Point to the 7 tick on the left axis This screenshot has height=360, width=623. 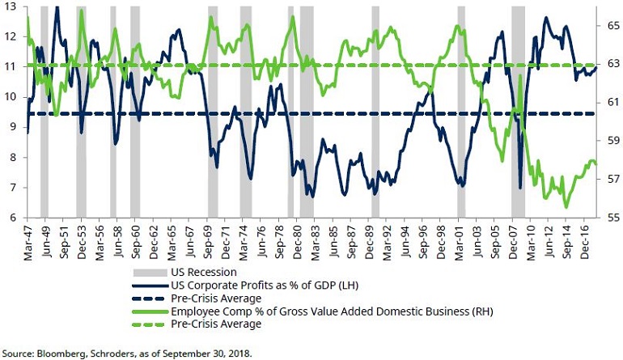(x=11, y=188)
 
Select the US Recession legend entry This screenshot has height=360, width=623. (x=204, y=272)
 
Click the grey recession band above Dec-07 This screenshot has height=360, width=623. (x=518, y=113)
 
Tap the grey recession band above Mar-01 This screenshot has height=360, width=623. (x=461, y=113)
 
